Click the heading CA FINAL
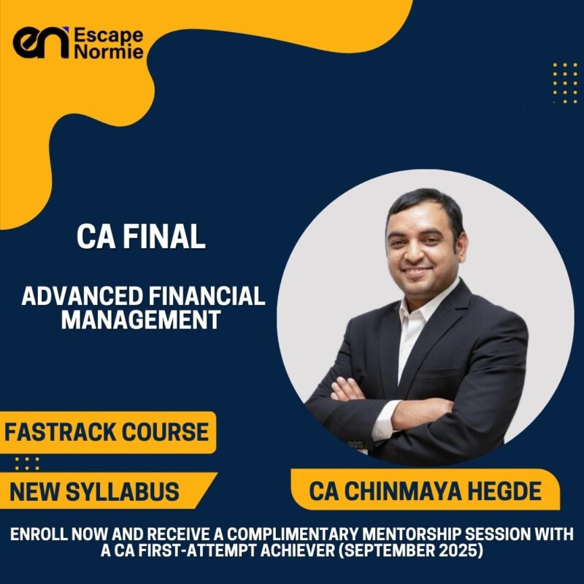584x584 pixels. pos(142,239)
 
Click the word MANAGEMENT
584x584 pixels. pos(141,319)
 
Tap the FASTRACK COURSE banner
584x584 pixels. pos(107,432)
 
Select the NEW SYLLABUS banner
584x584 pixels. pos(94,491)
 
